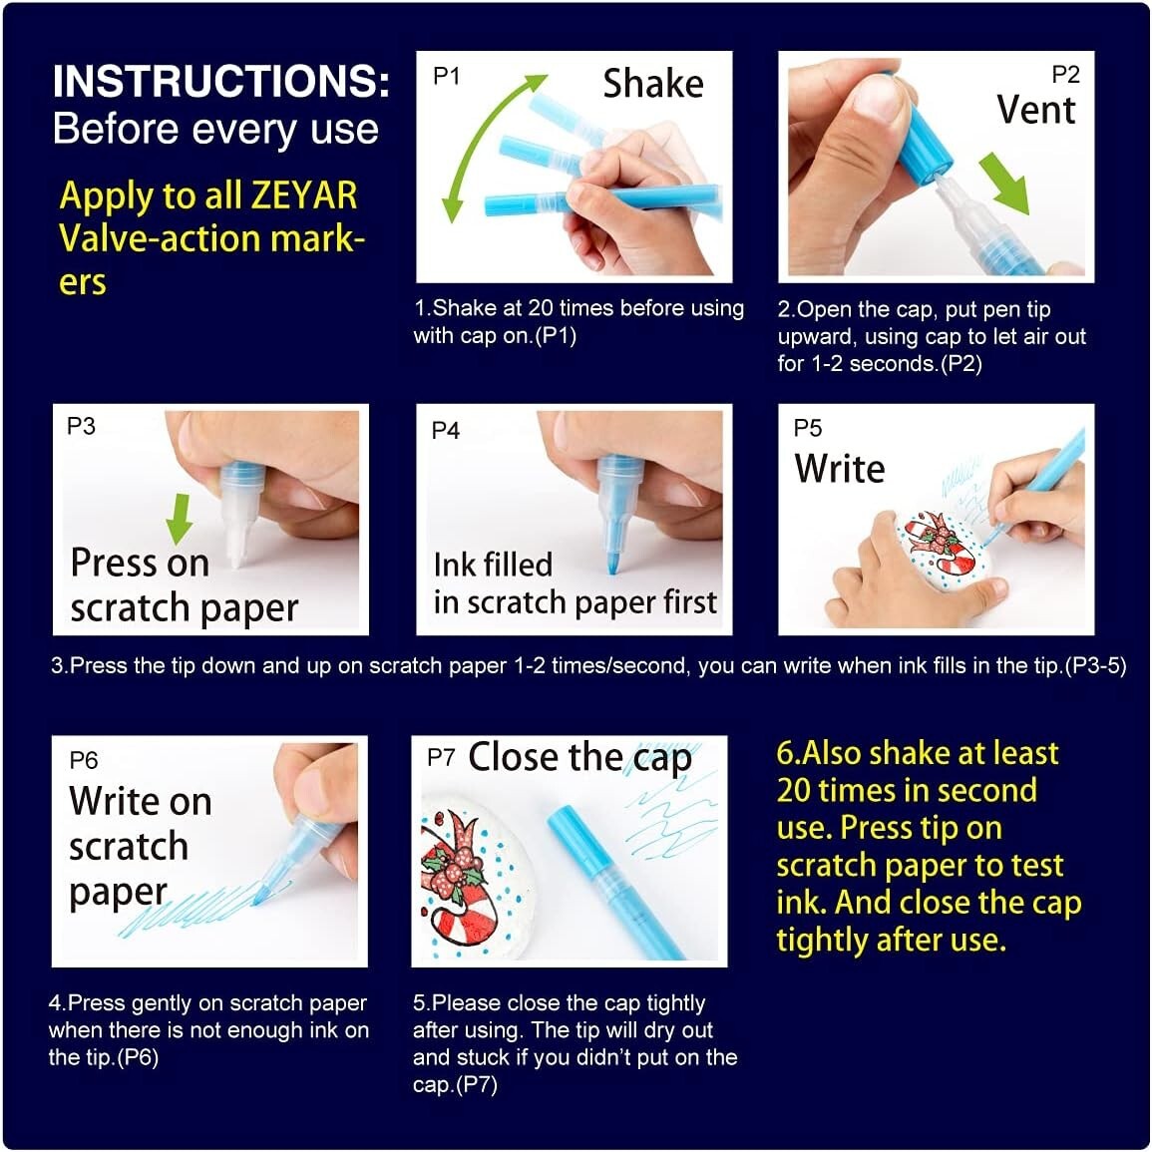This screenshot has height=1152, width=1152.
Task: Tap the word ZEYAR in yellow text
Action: [x=303, y=195]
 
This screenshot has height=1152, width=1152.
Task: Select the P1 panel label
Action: [x=446, y=77]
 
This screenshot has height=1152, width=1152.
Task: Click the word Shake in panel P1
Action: [x=652, y=84]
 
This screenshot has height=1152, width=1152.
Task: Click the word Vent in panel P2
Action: [x=1035, y=110]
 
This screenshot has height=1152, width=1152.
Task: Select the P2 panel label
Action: [x=1065, y=75]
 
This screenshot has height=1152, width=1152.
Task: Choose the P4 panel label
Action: [x=446, y=430]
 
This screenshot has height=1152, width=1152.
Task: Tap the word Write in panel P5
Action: [x=839, y=468]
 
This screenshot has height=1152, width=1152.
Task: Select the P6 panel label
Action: [x=84, y=760]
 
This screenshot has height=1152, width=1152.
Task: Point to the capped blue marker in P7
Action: [x=588, y=861]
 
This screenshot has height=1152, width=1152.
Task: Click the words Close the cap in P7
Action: [x=579, y=758]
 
